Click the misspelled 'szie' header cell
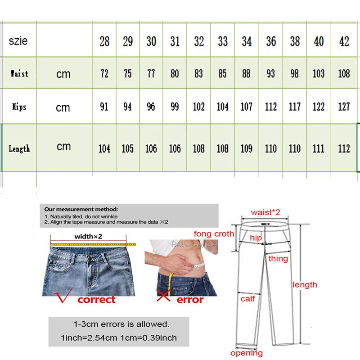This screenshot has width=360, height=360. coord(18,41)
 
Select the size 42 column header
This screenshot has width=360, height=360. coord(344,41)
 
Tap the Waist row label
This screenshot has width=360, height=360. coord(19,73)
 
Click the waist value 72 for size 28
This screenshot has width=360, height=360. coord(104,73)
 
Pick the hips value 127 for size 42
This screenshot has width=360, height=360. coord(344,107)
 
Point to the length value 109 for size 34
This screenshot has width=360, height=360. coord(247,148)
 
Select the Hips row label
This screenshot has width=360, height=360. coord(19,107)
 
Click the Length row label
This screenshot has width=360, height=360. coord(19,148)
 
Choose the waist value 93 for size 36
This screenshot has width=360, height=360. coord(270,73)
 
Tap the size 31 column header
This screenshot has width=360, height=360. coord(175,41)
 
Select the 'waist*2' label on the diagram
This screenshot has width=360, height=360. coord(265,212)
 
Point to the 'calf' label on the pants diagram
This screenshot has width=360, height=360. coord(247,298)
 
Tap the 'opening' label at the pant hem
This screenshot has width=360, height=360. coord(247,353)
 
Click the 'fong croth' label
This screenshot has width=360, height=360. coord(214,234)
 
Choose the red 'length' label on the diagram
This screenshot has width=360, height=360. coord(305,284)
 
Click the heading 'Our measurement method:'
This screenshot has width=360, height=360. coord(81,209)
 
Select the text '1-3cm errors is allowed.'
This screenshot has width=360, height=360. coord(121,324)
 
